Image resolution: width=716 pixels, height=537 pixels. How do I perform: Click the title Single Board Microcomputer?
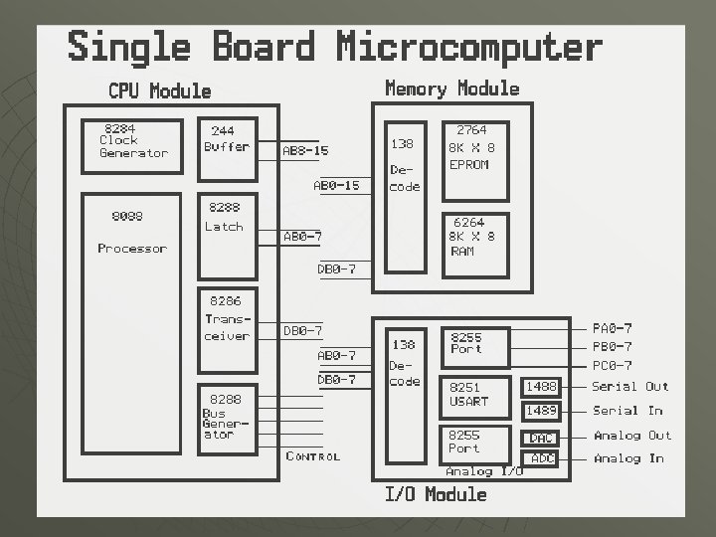pyautogui.click(x=334, y=48)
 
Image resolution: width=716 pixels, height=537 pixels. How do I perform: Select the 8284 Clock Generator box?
pyautogui.click(x=132, y=145)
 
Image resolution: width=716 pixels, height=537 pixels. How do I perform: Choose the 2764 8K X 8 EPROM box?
pyautogui.click(x=474, y=160)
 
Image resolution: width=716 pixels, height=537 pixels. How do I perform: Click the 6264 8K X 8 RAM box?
pyautogui.click(x=474, y=243)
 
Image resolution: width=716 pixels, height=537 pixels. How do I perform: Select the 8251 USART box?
pyautogui.click(x=474, y=395)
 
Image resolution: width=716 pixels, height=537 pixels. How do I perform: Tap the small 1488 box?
pyautogui.click(x=541, y=387)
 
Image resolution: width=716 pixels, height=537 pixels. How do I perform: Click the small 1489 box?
pyautogui.click(x=541, y=411)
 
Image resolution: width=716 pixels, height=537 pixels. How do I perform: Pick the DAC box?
pyautogui.click(x=541, y=438)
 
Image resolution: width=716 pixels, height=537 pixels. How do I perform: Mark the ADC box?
pyautogui.click(x=542, y=458)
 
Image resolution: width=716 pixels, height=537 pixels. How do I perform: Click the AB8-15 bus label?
pyautogui.click(x=305, y=151)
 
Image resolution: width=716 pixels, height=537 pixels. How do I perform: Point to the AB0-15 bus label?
pyautogui.click(x=336, y=186)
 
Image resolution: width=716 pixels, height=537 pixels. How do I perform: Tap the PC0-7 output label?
pyautogui.click(x=612, y=366)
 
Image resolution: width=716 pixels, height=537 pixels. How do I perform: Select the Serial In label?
pyautogui.click(x=626, y=411)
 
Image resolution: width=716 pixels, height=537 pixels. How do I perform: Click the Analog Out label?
pyautogui.click(x=632, y=436)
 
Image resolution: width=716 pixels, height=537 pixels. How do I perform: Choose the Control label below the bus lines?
pyautogui.click(x=312, y=456)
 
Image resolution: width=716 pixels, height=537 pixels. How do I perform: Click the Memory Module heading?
pyautogui.click(x=451, y=89)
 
